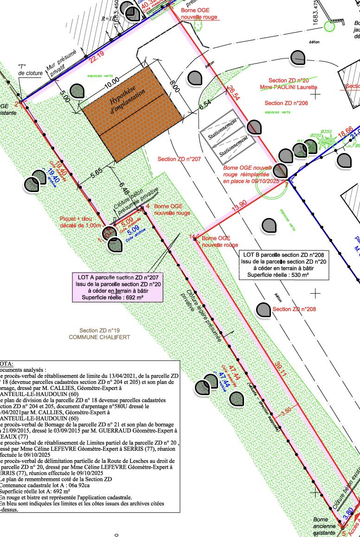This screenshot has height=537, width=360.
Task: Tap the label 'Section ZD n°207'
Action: pos(179,159)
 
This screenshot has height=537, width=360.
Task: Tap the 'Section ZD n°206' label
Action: pos(286,103)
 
